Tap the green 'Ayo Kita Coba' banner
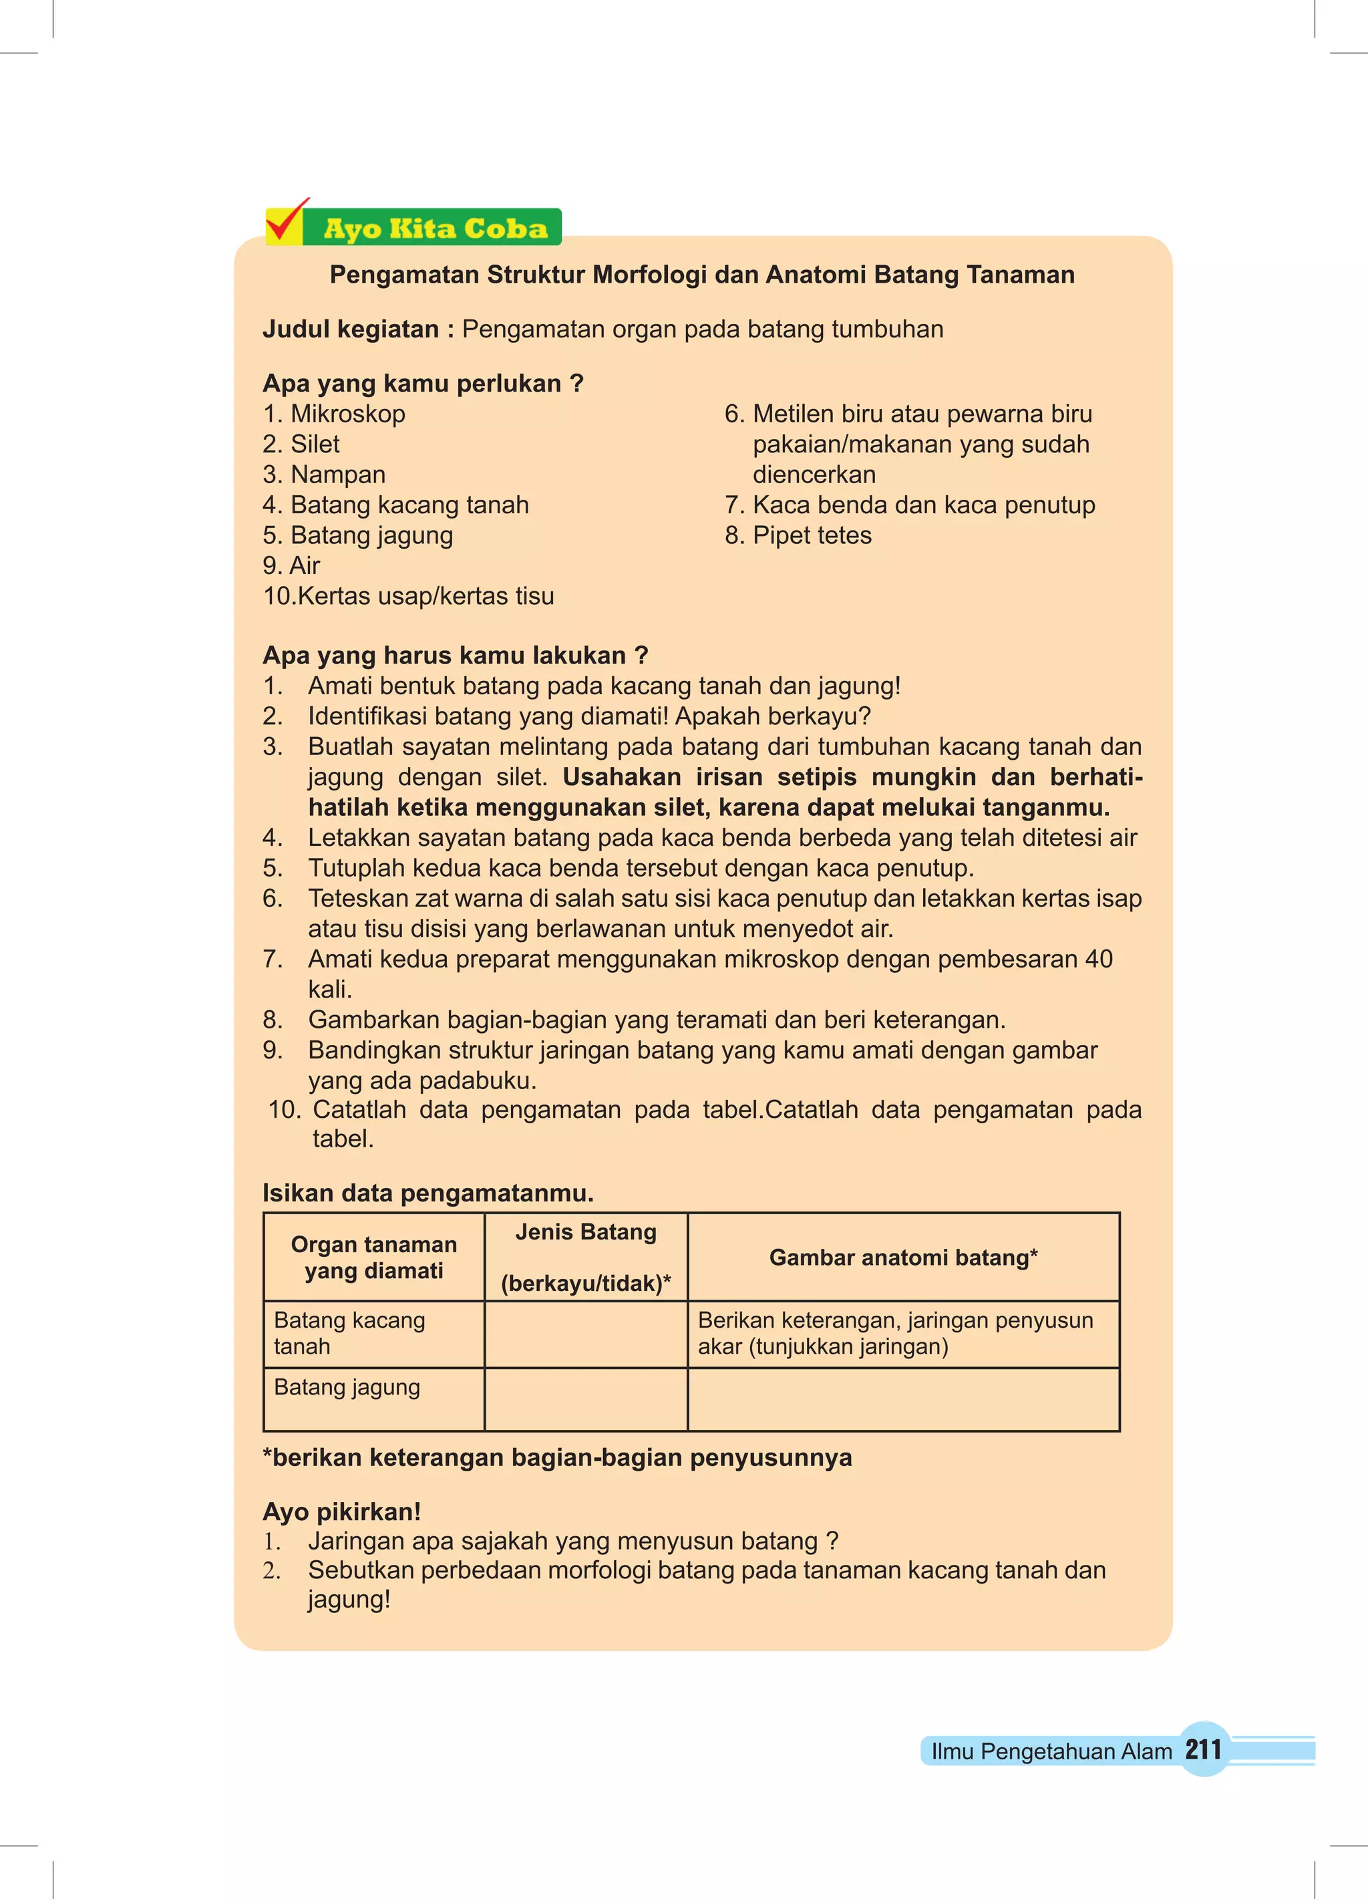pos(436,229)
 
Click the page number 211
pos(1203,1749)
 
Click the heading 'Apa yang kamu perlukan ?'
pos(423,384)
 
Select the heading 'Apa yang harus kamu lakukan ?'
pos(456,655)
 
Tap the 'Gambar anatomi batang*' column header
pos(903,1257)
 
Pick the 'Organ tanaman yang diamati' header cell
pos(373,1257)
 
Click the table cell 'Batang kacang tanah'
pos(349,1333)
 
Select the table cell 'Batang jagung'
pos(347,1387)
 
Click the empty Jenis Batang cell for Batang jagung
pos(585,1399)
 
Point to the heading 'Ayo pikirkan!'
pos(341,1511)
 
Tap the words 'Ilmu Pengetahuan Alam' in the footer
pos(1051,1751)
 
